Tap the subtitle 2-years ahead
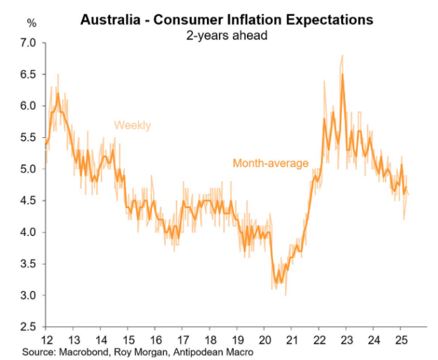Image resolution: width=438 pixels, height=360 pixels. click(226, 34)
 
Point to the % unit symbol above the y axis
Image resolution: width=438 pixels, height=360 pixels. click(31, 23)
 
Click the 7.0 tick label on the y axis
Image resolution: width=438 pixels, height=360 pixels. click(31, 43)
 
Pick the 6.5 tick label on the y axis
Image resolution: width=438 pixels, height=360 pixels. click(31, 74)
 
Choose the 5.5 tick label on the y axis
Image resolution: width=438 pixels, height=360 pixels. click(31, 137)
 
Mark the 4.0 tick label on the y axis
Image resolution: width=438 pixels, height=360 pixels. click(31, 232)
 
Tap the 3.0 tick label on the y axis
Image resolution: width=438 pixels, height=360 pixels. click(31, 295)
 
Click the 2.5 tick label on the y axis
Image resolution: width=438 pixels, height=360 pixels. click(31, 326)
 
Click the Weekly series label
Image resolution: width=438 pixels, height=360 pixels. click(133, 125)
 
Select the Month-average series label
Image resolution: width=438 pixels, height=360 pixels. click(271, 162)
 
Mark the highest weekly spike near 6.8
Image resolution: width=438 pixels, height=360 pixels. click(342, 56)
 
